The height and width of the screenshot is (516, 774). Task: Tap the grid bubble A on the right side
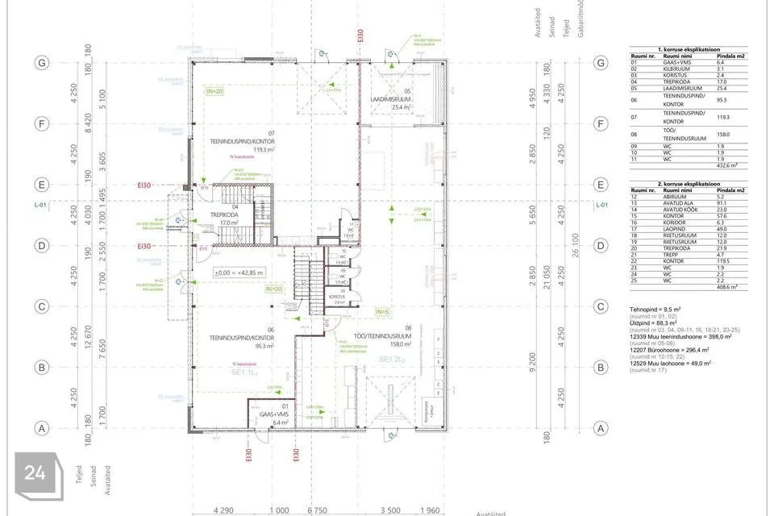coord(600,429)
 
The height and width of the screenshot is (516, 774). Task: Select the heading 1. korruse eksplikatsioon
coord(687,49)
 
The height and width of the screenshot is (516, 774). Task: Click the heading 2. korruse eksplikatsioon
coord(687,184)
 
